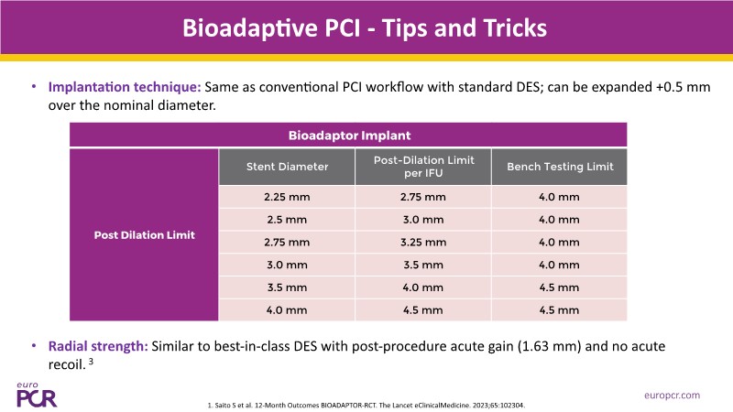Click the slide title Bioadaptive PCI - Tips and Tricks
coord(364,28)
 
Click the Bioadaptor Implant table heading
coord(349,136)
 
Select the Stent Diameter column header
coord(287,167)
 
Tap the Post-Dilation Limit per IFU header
coord(423,167)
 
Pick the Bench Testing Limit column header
coord(560,167)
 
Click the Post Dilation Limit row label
coord(144,235)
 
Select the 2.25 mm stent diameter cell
coord(287,197)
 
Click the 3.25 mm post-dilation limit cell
coord(423,243)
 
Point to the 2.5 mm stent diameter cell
coord(287,220)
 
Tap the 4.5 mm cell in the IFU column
coord(422,310)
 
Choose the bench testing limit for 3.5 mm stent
coord(559,287)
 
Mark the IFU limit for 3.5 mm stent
coord(422,287)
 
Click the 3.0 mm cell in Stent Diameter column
coord(287,265)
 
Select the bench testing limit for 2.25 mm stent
coord(559,197)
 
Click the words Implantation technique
coord(125,87)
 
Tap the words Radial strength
coord(98,346)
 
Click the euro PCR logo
coord(36,396)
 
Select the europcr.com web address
coord(672,396)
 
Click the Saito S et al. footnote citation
coord(366,406)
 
